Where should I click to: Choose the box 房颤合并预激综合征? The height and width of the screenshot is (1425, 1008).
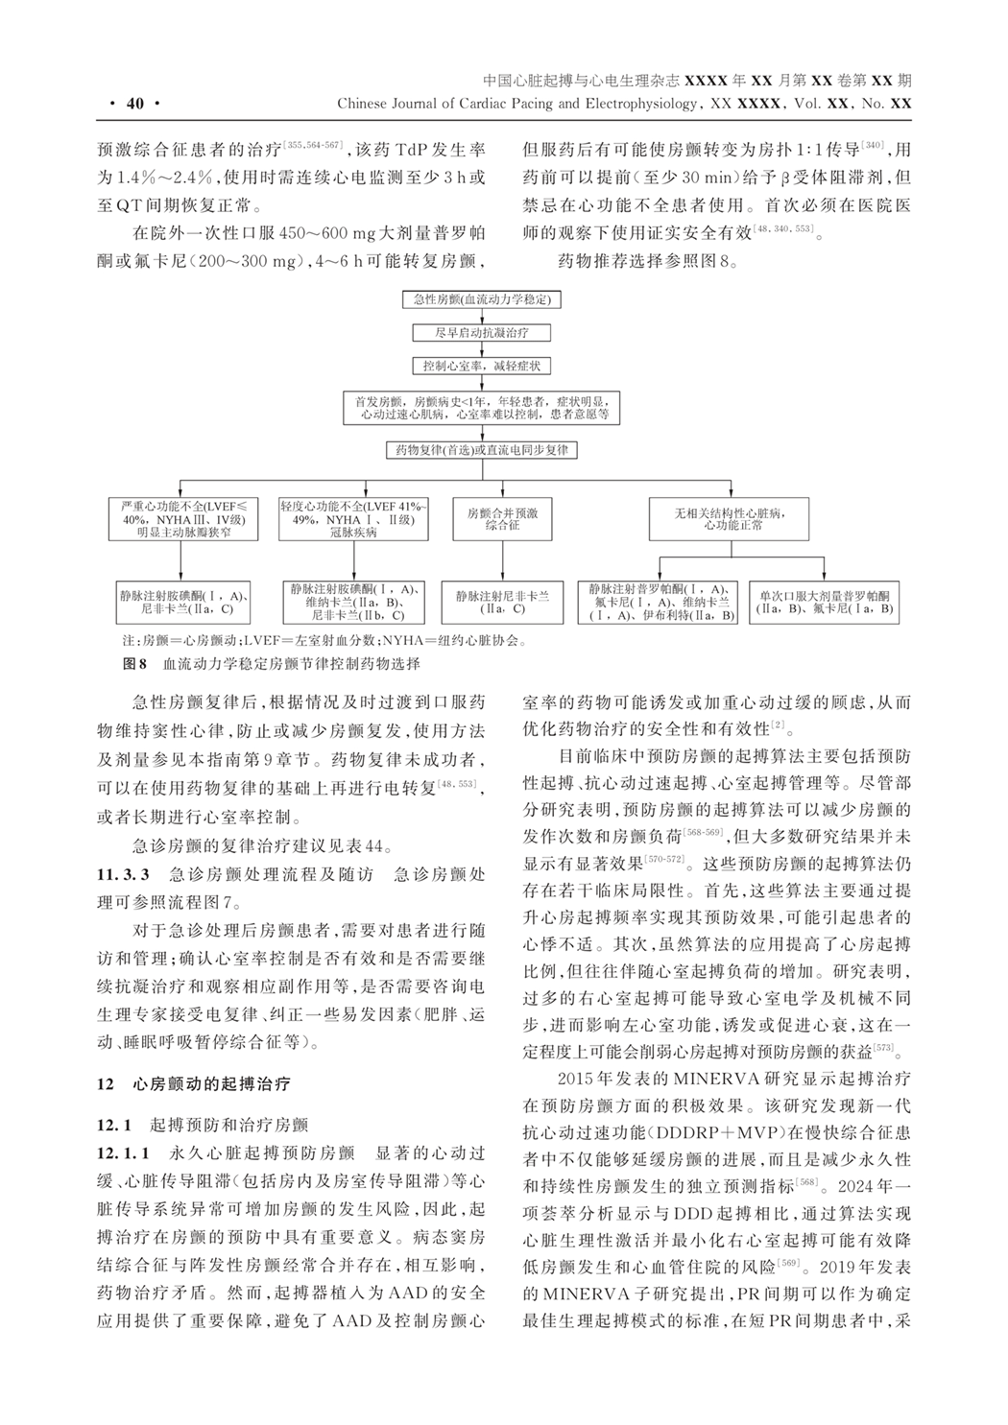tap(502, 519)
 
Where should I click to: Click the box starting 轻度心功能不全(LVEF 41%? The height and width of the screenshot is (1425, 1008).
tap(353, 519)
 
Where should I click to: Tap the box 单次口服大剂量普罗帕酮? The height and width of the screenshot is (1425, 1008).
tap(825, 602)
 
